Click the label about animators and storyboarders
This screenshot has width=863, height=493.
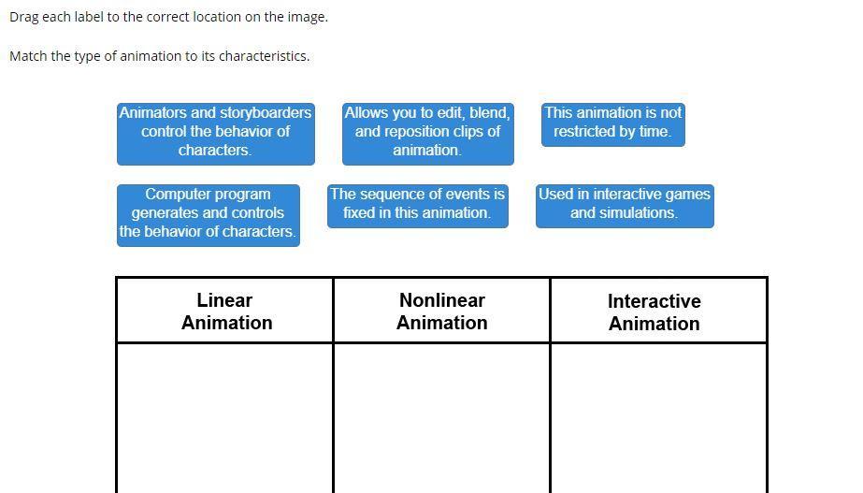coord(215,132)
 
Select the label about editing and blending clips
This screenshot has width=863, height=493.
coord(427,132)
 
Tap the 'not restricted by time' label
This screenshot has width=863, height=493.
coord(612,123)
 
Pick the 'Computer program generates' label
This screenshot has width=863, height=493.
coord(208,213)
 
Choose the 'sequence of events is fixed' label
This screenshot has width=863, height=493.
coord(417,204)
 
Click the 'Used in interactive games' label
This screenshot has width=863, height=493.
coord(624,204)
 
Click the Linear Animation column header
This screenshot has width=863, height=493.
coord(225,312)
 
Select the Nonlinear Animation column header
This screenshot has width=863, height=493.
coord(441,312)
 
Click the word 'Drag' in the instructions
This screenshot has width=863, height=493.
coord(24,17)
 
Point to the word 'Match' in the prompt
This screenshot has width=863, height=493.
coord(28,56)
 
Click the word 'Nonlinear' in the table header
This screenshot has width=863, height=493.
coord(441,300)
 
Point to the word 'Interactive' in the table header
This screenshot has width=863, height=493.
coord(654,301)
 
